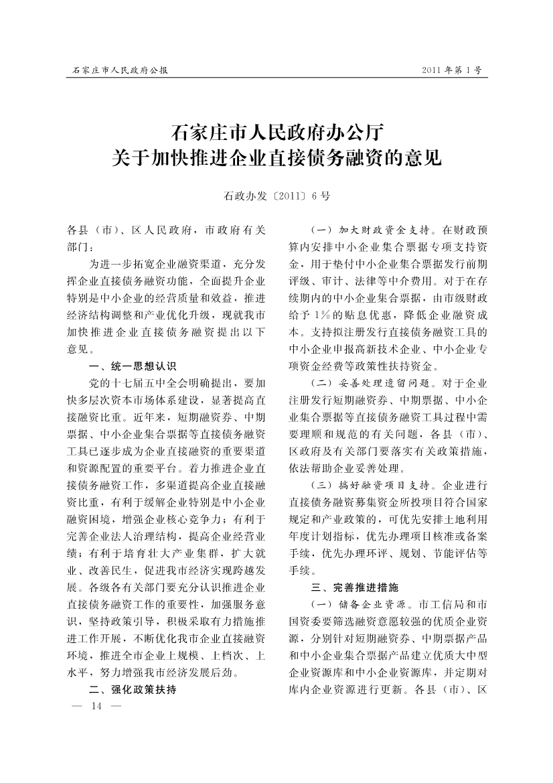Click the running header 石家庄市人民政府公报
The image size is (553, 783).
pyautogui.click(x=120, y=70)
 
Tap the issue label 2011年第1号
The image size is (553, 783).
pyautogui.click(x=452, y=70)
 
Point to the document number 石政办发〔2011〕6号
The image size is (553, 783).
pyautogui.click(x=276, y=196)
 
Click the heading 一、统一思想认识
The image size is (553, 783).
pyautogui.click(x=132, y=366)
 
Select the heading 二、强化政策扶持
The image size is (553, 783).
pyautogui.click(x=132, y=689)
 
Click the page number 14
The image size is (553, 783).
pyautogui.click(x=95, y=707)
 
